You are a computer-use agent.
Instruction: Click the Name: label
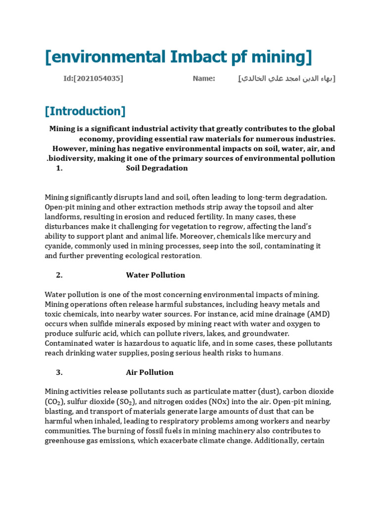tap(204, 78)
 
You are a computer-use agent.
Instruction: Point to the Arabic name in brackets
tap(286, 78)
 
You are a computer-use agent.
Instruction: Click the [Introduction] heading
tap(85, 111)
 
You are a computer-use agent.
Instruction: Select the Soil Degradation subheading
tap(157, 168)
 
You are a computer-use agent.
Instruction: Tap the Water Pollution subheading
tap(155, 275)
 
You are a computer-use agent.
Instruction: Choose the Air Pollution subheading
tap(150, 372)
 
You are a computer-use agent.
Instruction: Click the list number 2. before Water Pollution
tap(59, 275)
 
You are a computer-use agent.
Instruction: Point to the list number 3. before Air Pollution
tap(59, 372)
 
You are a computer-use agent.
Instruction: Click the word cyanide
tap(58, 246)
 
